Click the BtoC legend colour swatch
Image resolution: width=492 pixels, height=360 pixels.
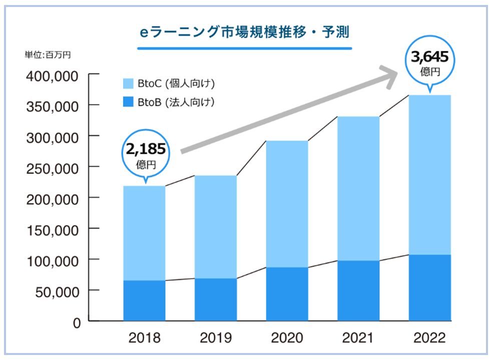(129, 84)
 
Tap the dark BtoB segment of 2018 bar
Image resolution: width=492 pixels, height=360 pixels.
(144, 300)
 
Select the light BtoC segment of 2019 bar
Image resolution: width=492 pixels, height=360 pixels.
(215, 227)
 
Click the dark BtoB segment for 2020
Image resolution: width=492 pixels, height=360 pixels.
(287, 294)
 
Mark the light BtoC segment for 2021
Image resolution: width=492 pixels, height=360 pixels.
(358, 188)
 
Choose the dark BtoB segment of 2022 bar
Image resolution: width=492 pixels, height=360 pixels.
(429, 287)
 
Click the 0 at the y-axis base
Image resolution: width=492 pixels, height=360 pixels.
(76, 322)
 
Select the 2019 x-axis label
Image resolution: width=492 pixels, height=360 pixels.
(216, 338)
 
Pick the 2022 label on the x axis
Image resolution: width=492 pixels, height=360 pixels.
(429, 338)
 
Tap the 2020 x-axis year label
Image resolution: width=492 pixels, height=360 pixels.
(287, 338)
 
